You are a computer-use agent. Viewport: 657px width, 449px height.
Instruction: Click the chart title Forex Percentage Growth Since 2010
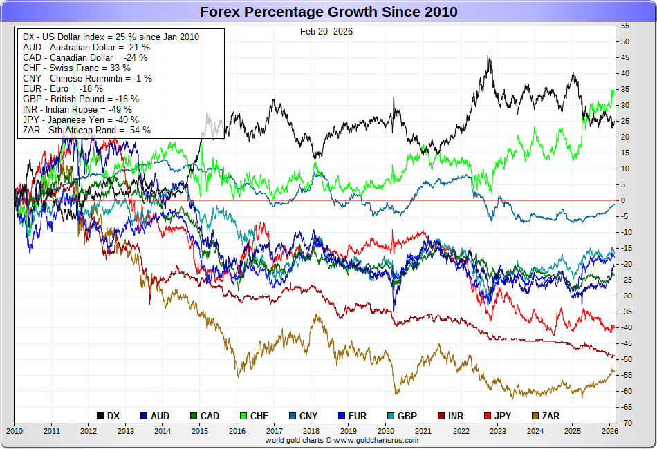[x=328, y=12]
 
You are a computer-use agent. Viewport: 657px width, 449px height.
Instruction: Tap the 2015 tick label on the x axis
[x=199, y=431]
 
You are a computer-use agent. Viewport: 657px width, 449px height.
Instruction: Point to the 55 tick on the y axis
[x=625, y=26]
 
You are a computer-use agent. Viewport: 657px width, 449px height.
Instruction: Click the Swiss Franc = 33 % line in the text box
[x=77, y=68]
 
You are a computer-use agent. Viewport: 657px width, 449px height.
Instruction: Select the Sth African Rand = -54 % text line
[x=86, y=130]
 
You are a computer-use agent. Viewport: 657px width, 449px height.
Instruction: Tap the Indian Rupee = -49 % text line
[x=77, y=109]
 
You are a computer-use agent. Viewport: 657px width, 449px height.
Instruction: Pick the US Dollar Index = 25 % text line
[x=111, y=37]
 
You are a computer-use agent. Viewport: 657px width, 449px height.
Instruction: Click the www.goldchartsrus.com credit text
[x=342, y=439]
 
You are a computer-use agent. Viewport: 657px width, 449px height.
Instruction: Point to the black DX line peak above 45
[x=489, y=57]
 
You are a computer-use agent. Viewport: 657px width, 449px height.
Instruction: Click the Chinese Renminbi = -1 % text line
[x=87, y=78]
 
